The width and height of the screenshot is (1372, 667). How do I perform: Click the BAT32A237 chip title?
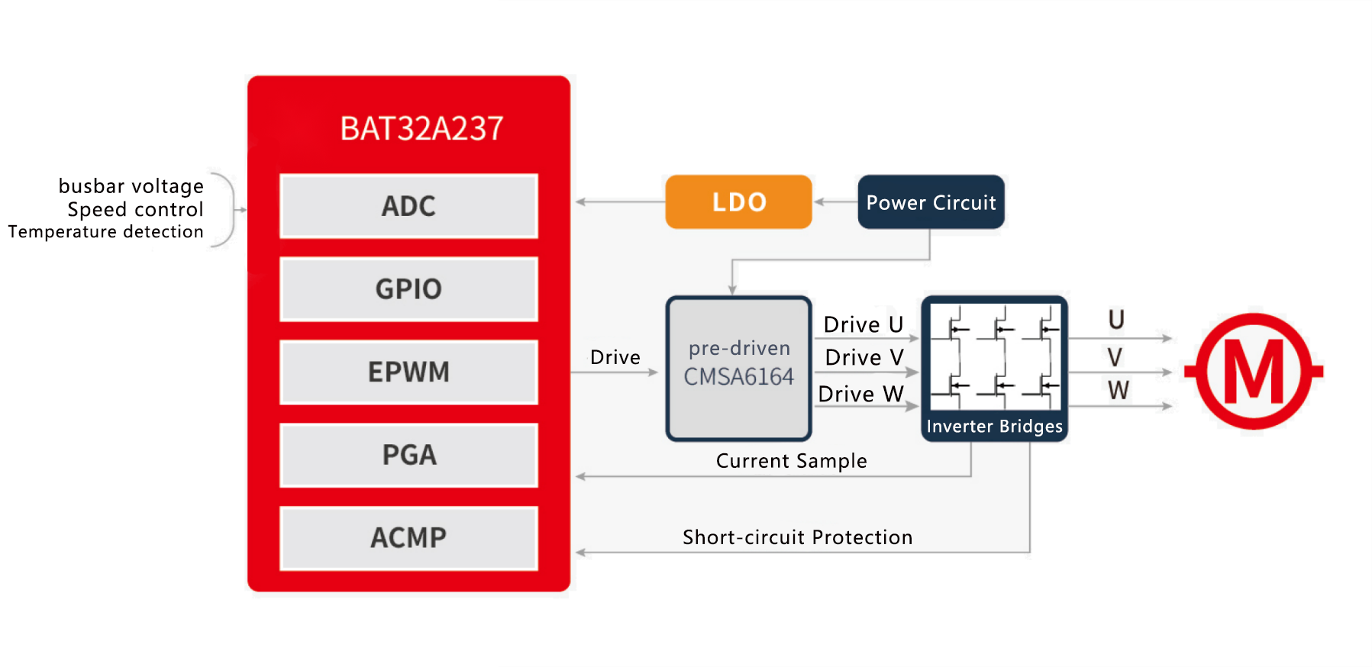click(421, 128)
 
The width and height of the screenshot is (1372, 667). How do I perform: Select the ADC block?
click(408, 206)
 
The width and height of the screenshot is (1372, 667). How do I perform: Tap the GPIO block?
click(408, 289)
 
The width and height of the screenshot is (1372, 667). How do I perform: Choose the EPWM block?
click(408, 372)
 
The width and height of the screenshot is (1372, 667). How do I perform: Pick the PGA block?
click(408, 455)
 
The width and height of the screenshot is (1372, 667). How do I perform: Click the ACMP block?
click(408, 538)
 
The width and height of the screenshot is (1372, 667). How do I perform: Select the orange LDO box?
click(738, 202)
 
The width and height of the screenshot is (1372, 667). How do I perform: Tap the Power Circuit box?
click(931, 202)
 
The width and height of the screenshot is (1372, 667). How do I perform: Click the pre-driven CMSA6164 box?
click(738, 369)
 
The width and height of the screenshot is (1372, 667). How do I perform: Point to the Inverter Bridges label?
click(994, 427)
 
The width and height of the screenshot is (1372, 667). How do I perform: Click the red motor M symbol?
click(1254, 372)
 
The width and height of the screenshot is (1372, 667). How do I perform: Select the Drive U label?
click(864, 325)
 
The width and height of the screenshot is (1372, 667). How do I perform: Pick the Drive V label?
click(864, 358)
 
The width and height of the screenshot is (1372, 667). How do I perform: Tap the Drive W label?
click(860, 395)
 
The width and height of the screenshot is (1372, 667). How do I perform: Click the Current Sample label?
click(791, 461)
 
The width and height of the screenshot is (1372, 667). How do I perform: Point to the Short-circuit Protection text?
click(797, 537)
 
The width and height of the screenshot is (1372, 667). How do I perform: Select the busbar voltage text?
click(131, 186)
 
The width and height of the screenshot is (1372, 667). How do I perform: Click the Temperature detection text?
click(105, 232)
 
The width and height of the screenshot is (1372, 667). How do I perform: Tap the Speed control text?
click(135, 209)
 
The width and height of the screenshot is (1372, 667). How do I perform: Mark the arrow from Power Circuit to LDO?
click(835, 202)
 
